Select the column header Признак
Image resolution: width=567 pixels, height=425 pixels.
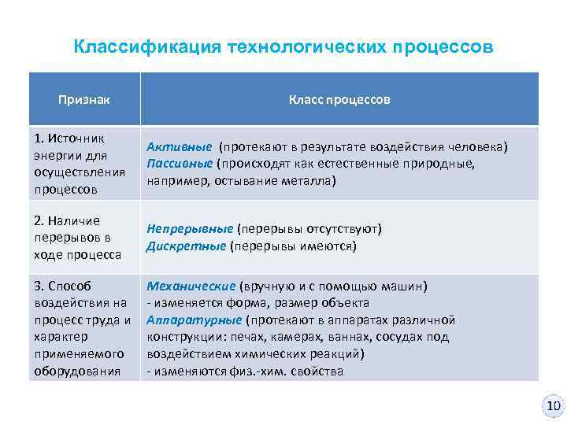pos(84,100)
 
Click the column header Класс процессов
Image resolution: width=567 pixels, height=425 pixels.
pos(339,100)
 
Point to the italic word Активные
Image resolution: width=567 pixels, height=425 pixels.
pos(179,147)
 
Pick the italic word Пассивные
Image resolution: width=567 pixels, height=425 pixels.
pos(180,164)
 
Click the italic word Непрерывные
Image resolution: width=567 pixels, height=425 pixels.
pos(190,229)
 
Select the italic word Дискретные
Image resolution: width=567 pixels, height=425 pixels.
pos(186,246)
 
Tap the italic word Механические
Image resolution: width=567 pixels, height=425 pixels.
pos(191,286)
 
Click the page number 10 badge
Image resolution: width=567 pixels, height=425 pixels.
pos(554,406)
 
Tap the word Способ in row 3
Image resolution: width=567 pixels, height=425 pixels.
pos(73,286)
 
